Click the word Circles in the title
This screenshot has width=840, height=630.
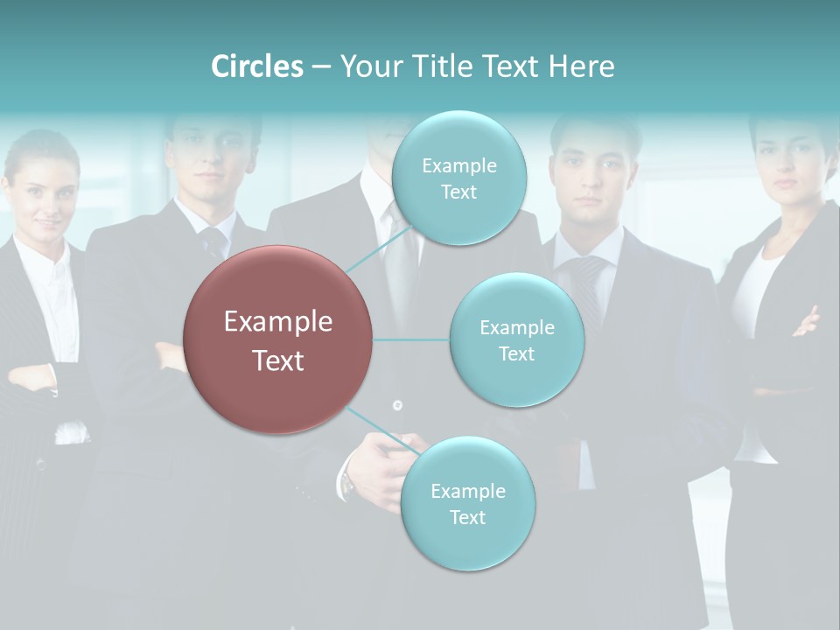coord(256,66)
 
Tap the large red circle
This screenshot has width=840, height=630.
coord(278,340)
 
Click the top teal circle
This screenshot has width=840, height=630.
coord(458,178)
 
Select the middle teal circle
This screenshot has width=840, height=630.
coord(516,340)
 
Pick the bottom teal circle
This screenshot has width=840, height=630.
coord(467,504)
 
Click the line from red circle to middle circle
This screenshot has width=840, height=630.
coord(411,339)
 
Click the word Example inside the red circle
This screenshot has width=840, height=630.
coord(278,322)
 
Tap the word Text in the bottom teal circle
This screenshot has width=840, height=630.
coord(467,517)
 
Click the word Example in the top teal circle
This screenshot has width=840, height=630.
coord(458,165)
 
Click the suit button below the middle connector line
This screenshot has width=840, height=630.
coord(397,405)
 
